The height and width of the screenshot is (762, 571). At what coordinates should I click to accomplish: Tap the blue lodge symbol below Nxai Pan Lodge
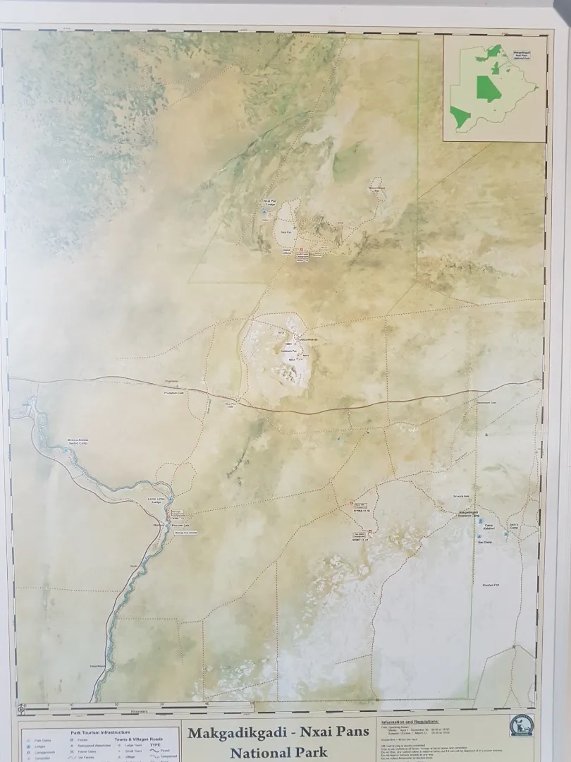265,211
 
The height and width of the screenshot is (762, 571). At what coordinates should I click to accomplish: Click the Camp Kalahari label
488,527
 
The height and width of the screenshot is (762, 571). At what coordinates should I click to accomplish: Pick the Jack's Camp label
514,526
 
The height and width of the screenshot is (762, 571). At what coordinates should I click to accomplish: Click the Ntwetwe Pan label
491,585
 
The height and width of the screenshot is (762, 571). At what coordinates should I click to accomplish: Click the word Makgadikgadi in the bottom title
238,732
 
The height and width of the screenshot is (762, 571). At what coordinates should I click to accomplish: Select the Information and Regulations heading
410,722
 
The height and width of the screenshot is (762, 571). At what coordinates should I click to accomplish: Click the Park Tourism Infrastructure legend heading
100,732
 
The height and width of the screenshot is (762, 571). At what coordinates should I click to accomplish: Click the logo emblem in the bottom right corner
522,725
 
